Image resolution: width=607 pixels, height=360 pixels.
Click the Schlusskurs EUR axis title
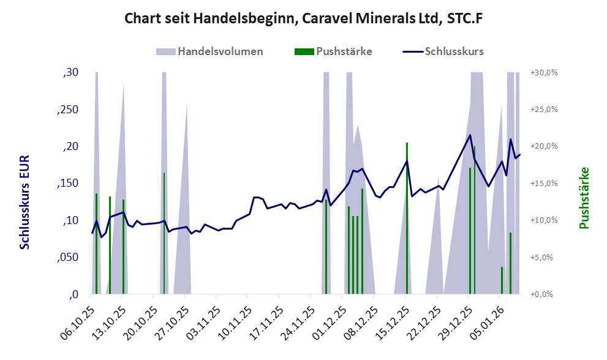(25, 202)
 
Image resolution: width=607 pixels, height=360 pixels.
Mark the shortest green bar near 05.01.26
(502, 280)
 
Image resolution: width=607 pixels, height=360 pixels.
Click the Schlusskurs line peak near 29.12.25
(470, 135)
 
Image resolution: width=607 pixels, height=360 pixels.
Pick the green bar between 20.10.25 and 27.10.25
(164, 233)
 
